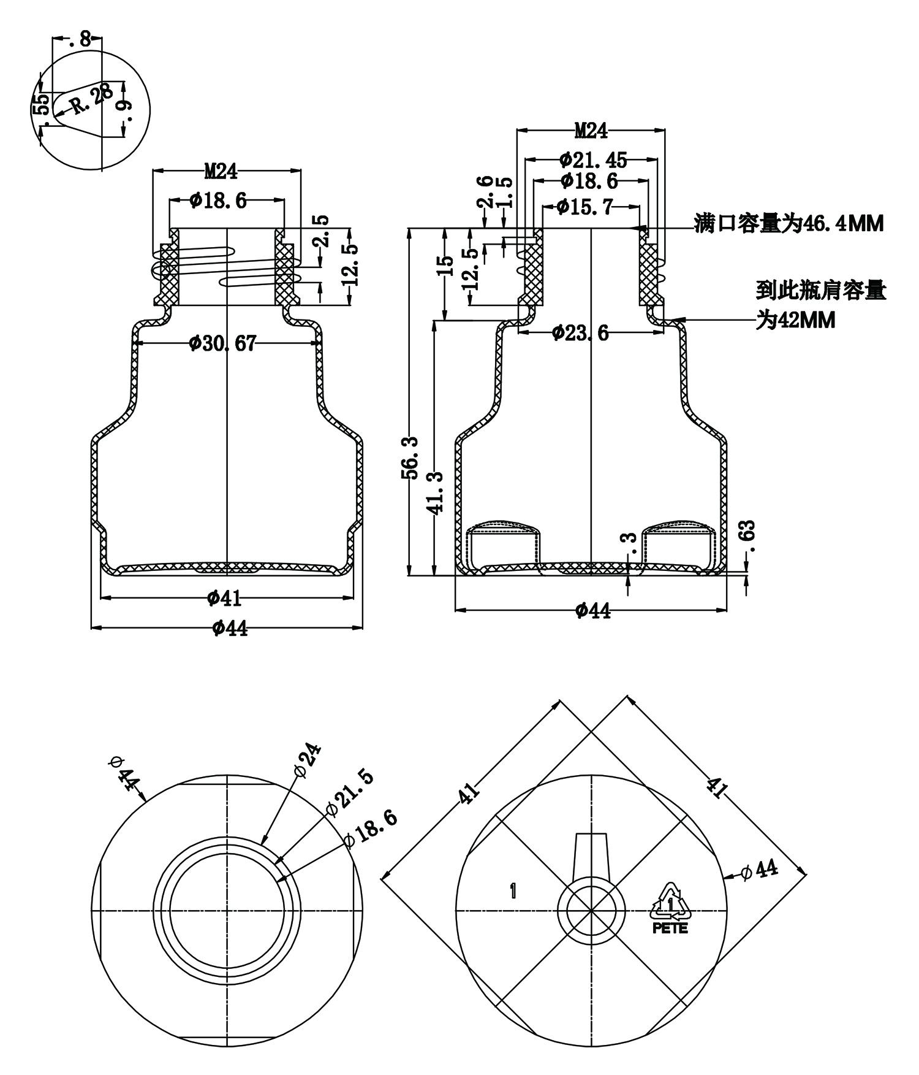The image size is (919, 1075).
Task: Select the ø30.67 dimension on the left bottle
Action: click(x=222, y=343)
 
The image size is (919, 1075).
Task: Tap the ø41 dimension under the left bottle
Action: click(x=222, y=597)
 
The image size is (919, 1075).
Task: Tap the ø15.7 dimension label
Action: click(x=584, y=207)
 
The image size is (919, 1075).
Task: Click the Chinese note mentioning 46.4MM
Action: click(x=789, y=224)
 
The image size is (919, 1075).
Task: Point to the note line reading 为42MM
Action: click(x=795, y=320)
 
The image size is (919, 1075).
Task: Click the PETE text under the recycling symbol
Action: click(x=670, y=928)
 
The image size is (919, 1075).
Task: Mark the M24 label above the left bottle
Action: click(x=221, y=171)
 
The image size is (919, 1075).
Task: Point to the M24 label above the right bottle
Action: click(x=591, y=131)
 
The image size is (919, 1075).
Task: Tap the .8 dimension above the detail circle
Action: click(x=80, y=40)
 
